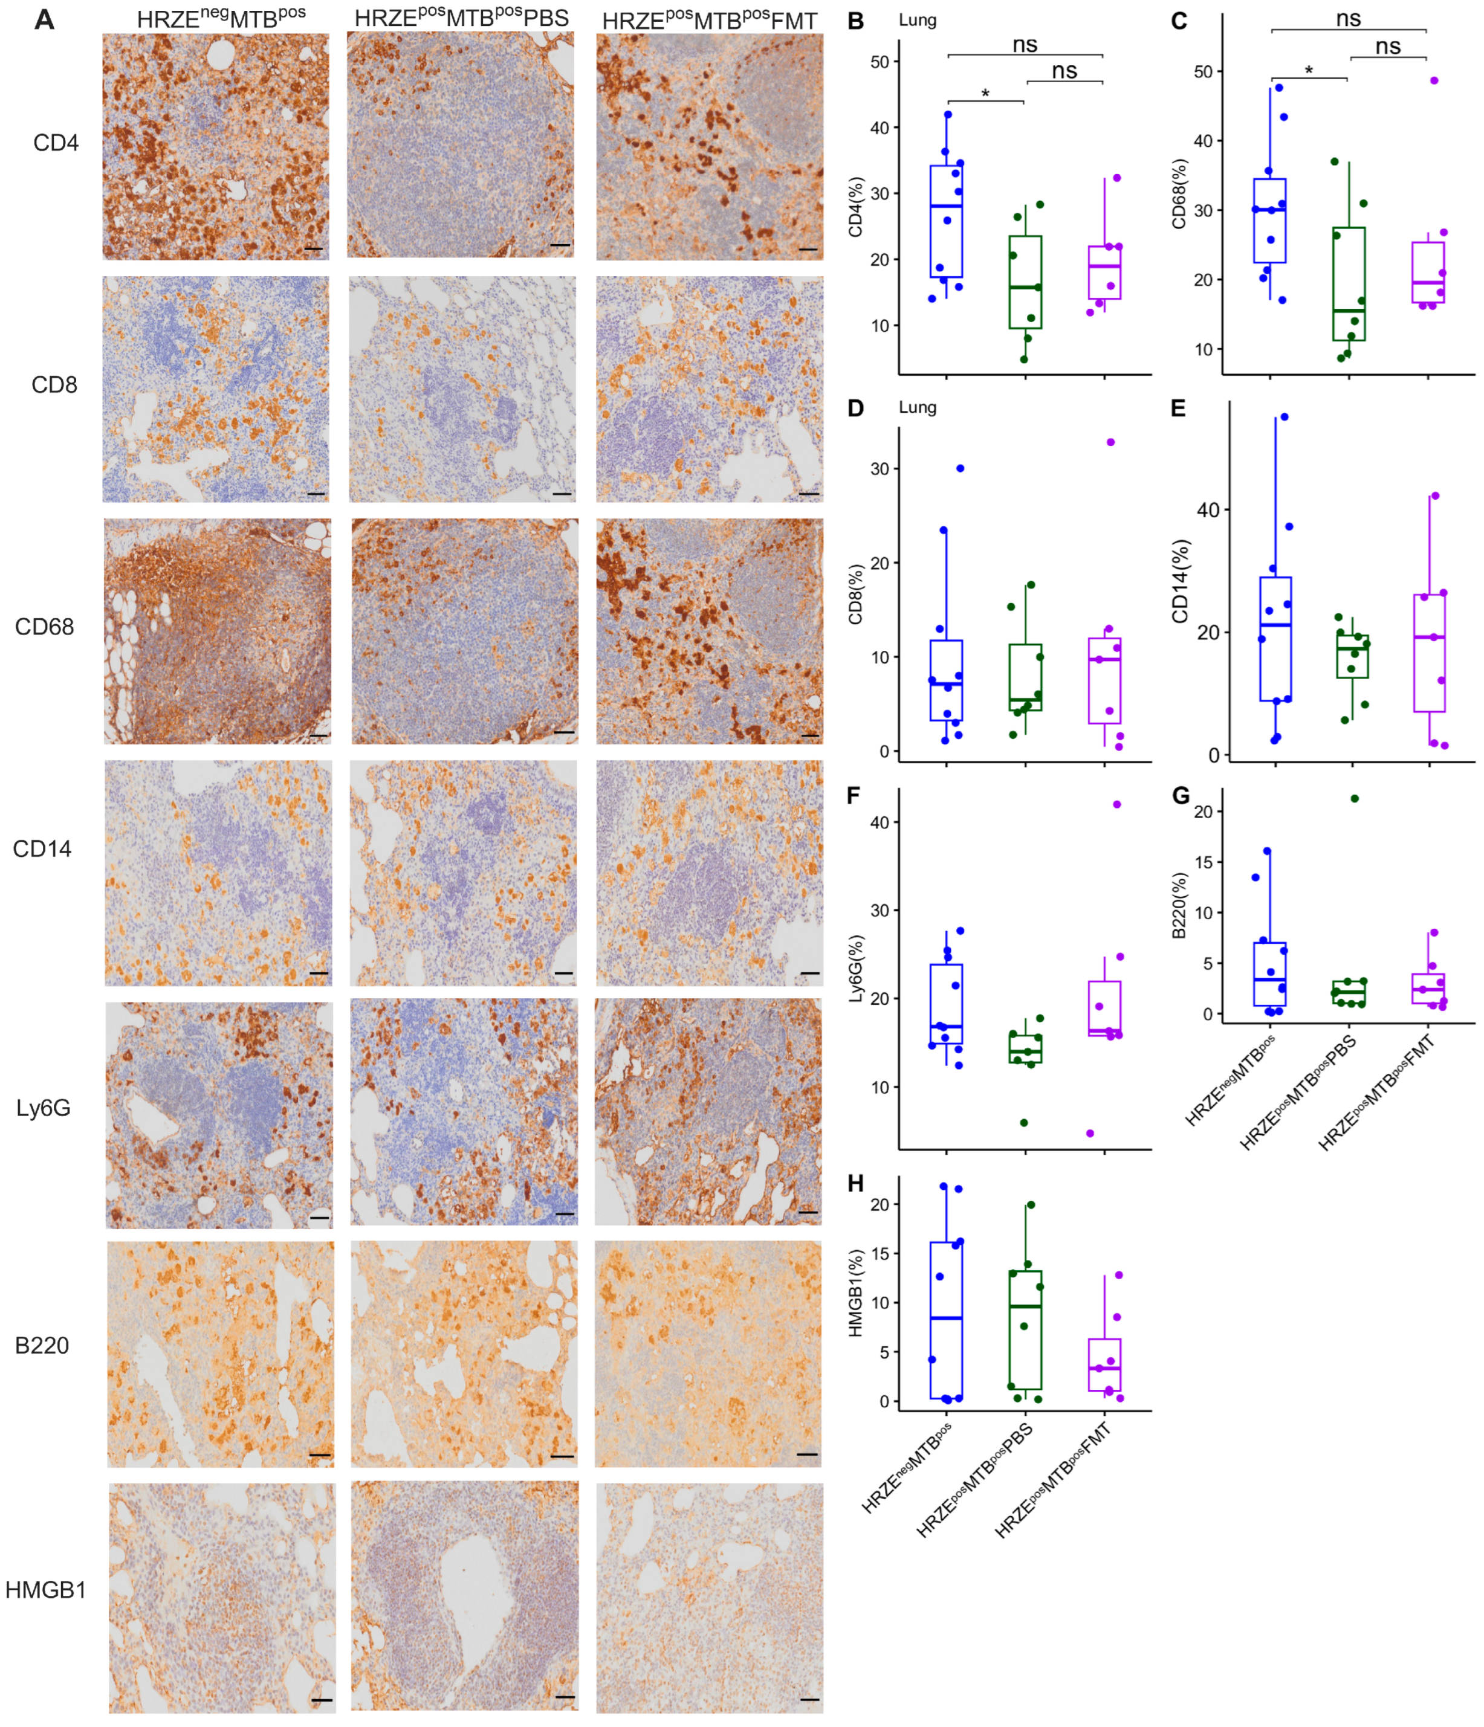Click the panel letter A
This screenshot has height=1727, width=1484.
pos(44,20)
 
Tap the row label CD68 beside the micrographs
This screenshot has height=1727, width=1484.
pos(44,627)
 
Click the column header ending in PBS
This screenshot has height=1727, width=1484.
pos(461,18)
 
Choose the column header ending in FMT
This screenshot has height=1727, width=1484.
pos(710,20)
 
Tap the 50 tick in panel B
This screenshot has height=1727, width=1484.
pos(879,62)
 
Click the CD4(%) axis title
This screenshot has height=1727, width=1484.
pos(855,207)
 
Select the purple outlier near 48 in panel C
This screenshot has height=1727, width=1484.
pos(1434,81)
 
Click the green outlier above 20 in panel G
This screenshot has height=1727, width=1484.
pos(1354,798)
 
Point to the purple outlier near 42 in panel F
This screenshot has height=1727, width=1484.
pos(1116,804)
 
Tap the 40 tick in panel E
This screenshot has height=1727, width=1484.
pos(1207,510)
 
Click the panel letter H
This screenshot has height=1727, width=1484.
pos(855,1184)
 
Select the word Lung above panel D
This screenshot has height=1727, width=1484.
pos(917,407)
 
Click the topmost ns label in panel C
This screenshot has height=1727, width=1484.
pos(1348,18)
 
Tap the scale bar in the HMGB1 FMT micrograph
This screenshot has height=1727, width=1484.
pos(808,1699)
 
